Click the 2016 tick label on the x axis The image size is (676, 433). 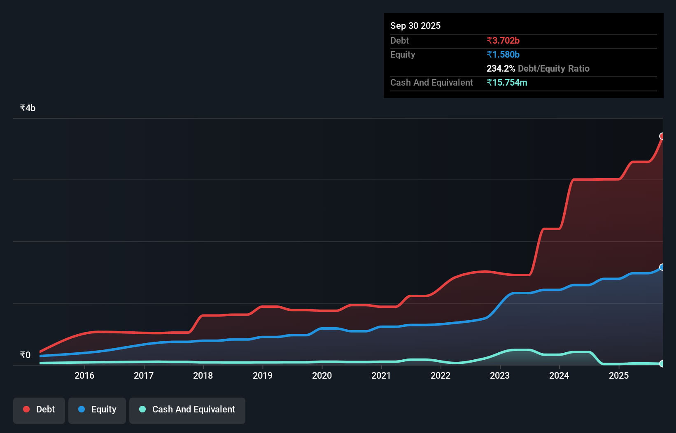click(x=84, y=375)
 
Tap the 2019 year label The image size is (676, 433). click(x=263, y=375)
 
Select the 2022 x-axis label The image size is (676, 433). click(x=441, y=375)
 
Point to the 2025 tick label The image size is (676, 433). click(x=619, y=375)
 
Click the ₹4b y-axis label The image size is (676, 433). click(x=28, y=108)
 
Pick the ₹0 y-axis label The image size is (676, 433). click(x=25, y=355)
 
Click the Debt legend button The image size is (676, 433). click(x=39, y=410)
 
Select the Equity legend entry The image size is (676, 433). click(x=97, y=410)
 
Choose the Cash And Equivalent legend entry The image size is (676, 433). click(x=187, y=410)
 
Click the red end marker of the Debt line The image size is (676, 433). click(x=662, y=136)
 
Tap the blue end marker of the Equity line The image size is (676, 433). click(x=662, y=267)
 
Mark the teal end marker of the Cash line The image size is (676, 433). click(x=662, y=363)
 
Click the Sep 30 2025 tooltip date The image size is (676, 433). click(x=415, y=26)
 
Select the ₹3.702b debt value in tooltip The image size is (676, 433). click(x=503, y=41)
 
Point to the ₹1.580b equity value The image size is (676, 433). click(x=503, y=55)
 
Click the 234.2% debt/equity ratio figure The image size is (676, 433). click(x=501, y=69)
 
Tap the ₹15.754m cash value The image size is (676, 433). click(x=507, y=83)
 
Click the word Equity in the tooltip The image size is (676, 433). click(x=403, y=55)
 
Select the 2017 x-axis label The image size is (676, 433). click(x=144, y=375)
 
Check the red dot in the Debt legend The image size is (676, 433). click(x=26, y=409)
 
